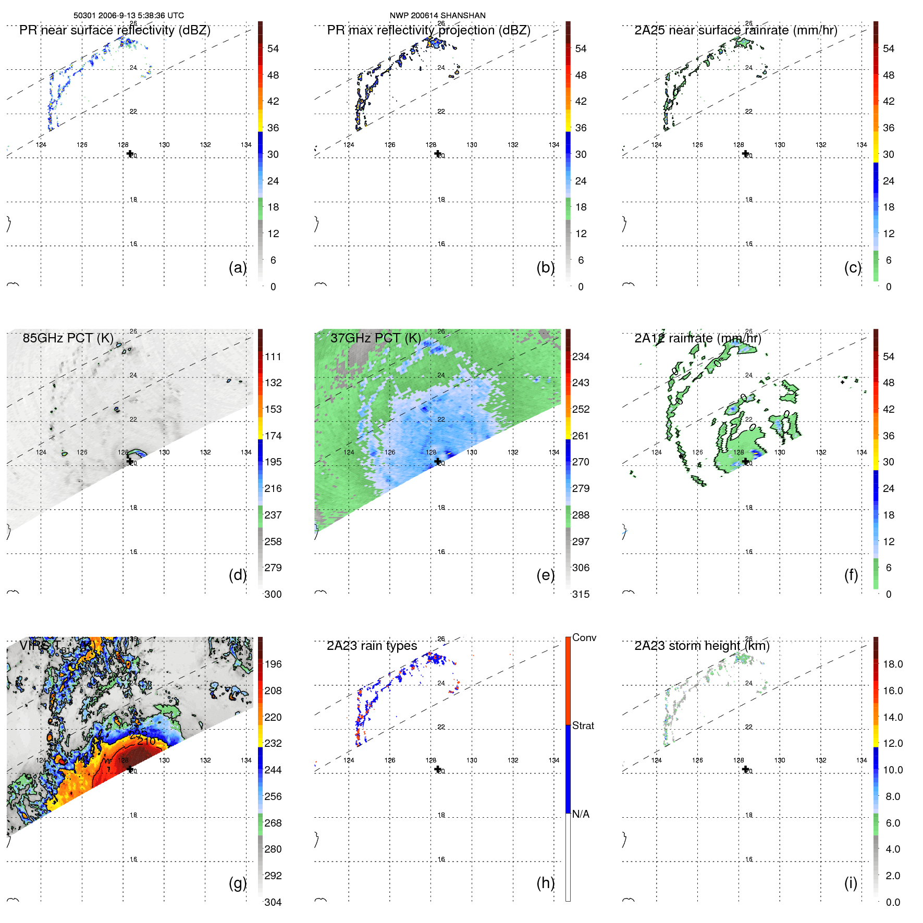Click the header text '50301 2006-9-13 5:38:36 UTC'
pyautogui.click(x=128, y=16)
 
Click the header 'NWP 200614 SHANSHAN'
pyautogui.click(x=437, y=16)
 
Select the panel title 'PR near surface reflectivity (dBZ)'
pyautogui.click(x=115, y=30)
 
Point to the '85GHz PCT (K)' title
pyautogui.click(x=68, y=338)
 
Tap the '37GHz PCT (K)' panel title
pyautogui.click(x=375, y=338)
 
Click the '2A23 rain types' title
pyautogui.click(x=372, y=646)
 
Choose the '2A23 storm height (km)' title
pyautogui.click(x=702, y=646)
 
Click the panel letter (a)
pyautogui.click(x=238, y=267)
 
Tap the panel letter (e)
pyautogui.click(x=545, y=575)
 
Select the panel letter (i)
pyautogui.click(x=851, y=883)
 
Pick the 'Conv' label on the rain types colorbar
pyautogui.click(x=584, y=637)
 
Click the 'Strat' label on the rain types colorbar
pyautogui.click(x=583, y=725)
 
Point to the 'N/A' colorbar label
pyautogui.click(x=581, y=814)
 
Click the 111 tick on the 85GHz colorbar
pyautogui.click(x=273, y=356)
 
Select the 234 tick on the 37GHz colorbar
pyautogui.click(x=581, y=356)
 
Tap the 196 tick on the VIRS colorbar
pyautogui.click(x=273, y=664)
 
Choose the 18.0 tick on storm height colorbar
pyautogui.click(x=893, y=664)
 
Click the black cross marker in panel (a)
pyautogui.click(x=130, y=154)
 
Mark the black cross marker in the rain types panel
pyautogui.click(x=438, y=769)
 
